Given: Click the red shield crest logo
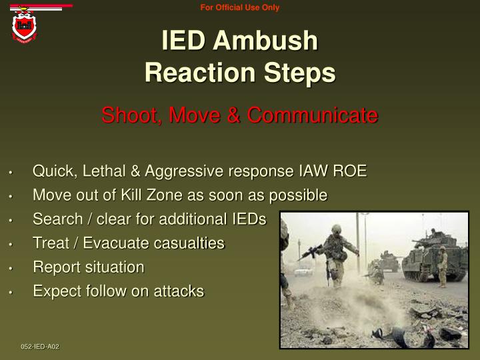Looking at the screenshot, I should click(25, 26).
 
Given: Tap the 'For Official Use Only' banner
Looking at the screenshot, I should click(240, 8).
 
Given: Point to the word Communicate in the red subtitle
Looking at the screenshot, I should click(312, 115).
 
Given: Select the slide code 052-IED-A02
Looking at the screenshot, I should click(40, 347).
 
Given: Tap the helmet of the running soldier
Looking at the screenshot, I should click(337, 229).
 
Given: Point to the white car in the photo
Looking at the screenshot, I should click(303, 271).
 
